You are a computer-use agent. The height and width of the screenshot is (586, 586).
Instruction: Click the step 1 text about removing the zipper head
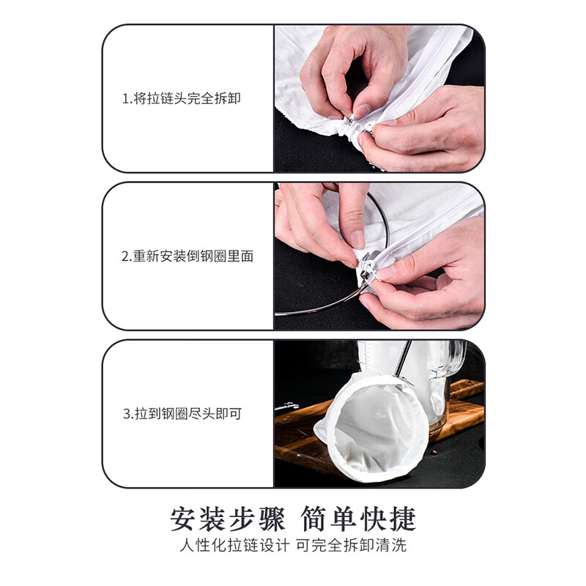pos(181,98)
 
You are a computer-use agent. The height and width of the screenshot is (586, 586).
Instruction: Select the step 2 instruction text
pos(188,256)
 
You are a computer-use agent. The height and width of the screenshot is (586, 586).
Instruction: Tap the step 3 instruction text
pos(182,414)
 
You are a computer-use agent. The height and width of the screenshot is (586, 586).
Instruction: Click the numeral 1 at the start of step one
pos(125,98)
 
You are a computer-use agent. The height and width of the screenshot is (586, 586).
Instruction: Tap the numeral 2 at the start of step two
pos(125,256)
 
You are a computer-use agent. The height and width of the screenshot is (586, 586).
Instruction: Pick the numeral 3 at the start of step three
pos(126,414)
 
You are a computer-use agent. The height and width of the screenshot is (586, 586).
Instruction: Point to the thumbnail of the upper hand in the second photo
pos(357,239)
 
